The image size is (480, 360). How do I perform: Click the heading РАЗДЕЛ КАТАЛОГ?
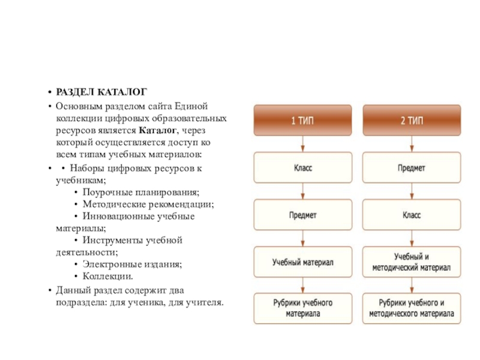click(x=101, y=92)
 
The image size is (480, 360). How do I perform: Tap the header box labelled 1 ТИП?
click(x=302, y=120)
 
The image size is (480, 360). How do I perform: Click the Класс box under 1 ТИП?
click(x=302, y=168)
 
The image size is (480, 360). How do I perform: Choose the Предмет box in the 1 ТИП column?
click(x=302, y=215)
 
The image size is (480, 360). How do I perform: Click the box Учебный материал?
click(x=302, y=262)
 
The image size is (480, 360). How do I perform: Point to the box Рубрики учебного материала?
click(x=302, y=308)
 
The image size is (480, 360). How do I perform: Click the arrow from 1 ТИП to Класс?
click(x=302, y=144)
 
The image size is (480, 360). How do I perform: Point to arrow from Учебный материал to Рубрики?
click(x=302, y=285)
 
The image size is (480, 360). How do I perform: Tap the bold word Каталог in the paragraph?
click(x=158, y=130)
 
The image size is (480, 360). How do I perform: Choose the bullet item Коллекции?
click(x=108, y=277)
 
